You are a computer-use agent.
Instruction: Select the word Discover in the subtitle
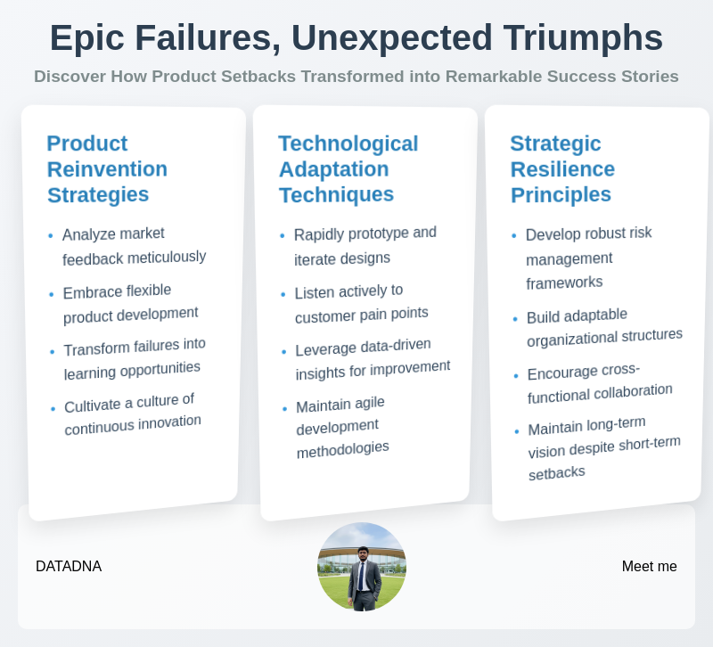(70, 77)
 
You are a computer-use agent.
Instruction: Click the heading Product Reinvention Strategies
(107, 168)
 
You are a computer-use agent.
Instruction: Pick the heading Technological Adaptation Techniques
(348, 168)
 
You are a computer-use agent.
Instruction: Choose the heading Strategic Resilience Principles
(562, 168)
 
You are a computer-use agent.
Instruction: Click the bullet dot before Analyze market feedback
(51, 237)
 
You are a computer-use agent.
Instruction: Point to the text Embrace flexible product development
(129, 303)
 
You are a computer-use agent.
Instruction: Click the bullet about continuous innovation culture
(132, 414)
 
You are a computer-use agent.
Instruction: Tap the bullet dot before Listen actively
(283, 294)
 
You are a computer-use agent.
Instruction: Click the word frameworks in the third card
(564, 283)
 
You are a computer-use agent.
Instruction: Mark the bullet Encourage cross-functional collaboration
(598, 383)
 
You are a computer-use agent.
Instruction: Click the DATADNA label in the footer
(69, 566)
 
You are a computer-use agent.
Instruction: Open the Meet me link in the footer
(649, 566)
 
